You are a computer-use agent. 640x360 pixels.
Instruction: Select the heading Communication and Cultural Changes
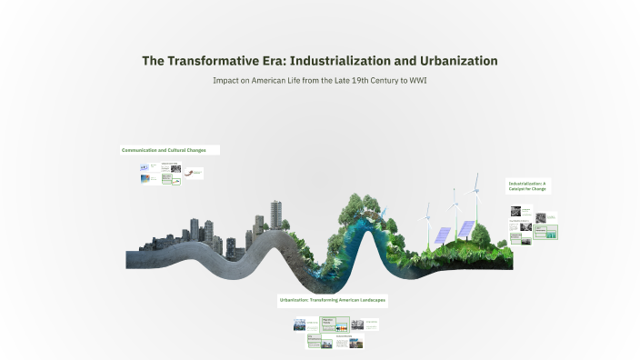[169, 150]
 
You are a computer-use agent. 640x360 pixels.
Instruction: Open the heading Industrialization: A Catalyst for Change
[529, 186]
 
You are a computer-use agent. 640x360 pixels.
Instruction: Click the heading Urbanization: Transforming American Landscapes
[334, 299]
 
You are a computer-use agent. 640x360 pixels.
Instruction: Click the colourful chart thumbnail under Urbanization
[343, 327]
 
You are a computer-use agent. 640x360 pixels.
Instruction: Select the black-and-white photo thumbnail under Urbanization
[300, 325]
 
